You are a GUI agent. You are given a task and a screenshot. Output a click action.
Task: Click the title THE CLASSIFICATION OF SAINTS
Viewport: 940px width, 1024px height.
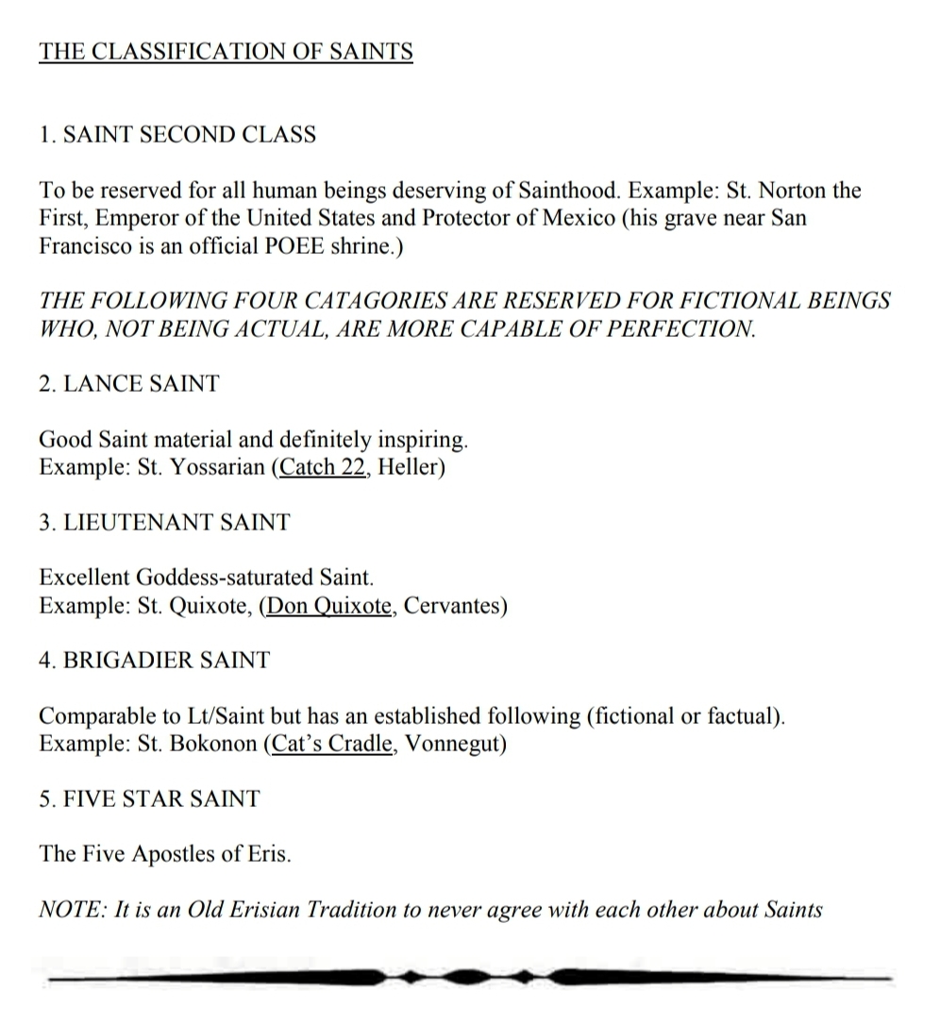226,51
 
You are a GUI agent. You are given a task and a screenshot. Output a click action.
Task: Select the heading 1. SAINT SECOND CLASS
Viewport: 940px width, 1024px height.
177,135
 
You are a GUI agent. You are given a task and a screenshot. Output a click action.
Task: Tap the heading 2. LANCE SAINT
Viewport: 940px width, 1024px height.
129,384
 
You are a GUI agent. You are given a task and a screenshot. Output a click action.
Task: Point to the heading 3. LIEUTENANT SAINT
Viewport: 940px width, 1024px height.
165,523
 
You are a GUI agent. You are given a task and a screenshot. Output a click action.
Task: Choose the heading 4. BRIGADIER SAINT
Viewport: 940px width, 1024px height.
155,661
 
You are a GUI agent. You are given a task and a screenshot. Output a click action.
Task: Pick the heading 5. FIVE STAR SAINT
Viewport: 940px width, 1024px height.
149,799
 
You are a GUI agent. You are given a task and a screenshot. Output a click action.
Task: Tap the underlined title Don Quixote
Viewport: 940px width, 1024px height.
328,606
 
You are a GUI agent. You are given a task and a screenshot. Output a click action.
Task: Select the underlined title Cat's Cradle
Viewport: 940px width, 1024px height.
329,744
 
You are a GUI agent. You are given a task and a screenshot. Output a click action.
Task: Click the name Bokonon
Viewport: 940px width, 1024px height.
212,744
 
